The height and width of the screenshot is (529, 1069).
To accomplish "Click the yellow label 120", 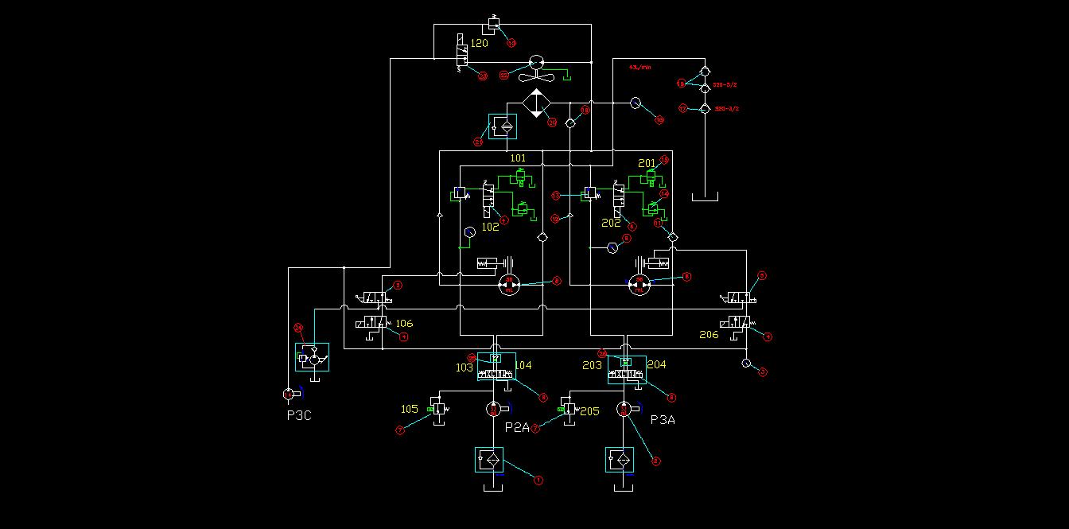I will tap(480, 43).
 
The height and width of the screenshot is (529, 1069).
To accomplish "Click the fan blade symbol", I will tap(535, 76).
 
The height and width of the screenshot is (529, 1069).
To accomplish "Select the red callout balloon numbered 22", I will tap(503, 76).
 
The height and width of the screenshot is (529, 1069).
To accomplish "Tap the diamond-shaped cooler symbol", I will tap(537, 103).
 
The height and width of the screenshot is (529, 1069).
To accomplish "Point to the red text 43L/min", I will tap(640, 68).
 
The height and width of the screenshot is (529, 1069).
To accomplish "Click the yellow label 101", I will tap(519, 158).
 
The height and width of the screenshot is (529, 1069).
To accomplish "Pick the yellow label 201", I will tap(647, 164).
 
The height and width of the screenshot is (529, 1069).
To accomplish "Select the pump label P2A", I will tap(517, 426).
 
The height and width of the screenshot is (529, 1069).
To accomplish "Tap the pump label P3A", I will tap(663, 419).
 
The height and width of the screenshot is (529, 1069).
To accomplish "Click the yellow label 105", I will tap(409, 409).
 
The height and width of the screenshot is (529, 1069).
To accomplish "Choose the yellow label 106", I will tap(404, 323).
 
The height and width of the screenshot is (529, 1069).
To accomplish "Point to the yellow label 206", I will tap(709, 335).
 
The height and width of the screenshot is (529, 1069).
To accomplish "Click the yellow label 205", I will tap(589, 411).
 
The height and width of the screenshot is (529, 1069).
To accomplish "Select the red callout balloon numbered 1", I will tap(538, 480).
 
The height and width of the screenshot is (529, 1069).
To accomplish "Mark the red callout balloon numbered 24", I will tap(299, 327).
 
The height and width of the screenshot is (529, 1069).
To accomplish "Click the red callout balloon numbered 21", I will tap(479, 142).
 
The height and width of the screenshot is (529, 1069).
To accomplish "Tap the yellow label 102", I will tap(490, 227).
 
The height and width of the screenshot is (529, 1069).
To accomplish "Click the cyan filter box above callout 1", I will tap(489, 460).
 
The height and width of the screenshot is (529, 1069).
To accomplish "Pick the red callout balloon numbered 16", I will tap(659, 120).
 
